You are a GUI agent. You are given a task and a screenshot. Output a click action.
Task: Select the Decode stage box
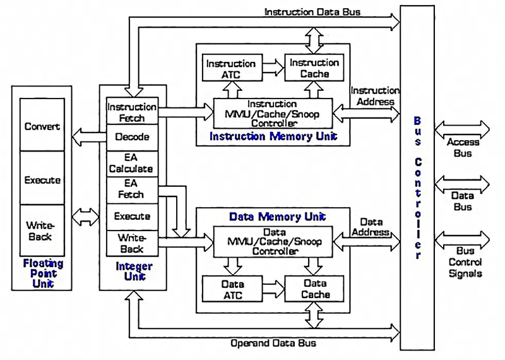click(x=131, y=136)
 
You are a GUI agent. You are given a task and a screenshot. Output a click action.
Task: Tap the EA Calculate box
click(x=131, y=163)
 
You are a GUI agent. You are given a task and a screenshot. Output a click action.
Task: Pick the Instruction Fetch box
click(x=131, y=112)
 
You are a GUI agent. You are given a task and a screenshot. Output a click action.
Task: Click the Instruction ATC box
click(x=230, y=68)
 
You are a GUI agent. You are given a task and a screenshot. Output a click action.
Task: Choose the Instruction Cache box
click(x=314, y=68)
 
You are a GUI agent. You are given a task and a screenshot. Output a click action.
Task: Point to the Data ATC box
click(x=232, y=289)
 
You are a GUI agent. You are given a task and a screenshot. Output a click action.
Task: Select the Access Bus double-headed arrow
click(x=466, y=129)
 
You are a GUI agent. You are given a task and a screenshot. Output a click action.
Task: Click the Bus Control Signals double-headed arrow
click(x=466, y=241)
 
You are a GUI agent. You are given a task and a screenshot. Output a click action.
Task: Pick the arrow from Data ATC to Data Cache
click(x=273, y=289)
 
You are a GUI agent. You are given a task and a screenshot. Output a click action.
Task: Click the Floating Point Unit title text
click(x=43, y=273)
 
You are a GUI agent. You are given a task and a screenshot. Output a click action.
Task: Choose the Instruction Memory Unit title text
click(x=273, y=136)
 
